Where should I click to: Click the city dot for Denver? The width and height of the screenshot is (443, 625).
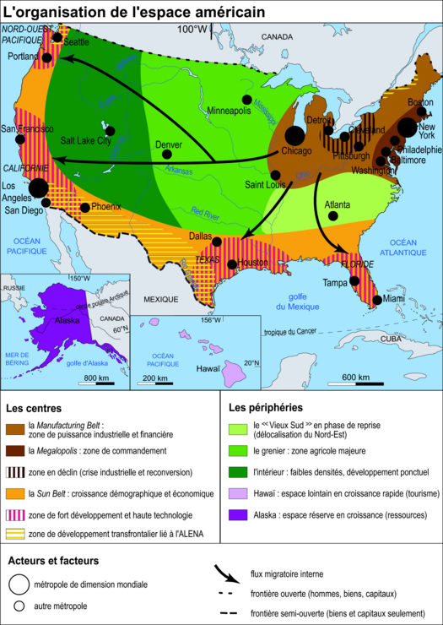[167, 155]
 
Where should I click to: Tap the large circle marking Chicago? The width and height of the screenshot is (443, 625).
[294, 135]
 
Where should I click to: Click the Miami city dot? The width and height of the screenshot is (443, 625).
[375, 298]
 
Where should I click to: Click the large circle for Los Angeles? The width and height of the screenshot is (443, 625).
[38, 187]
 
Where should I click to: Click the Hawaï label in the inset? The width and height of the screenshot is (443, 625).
[208, 369]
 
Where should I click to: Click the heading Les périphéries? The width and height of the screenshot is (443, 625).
[266, 407]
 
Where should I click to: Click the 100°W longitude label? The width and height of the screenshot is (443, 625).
[191, 30]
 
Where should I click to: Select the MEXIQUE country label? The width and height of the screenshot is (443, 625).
[160, 299]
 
